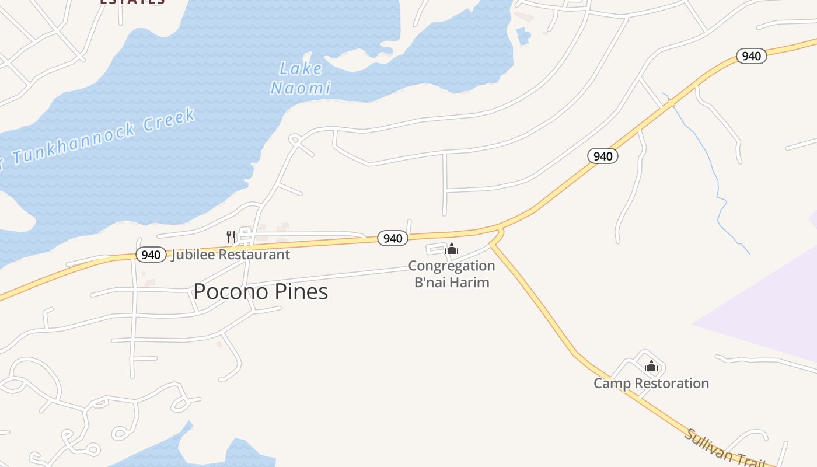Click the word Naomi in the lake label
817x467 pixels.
(x=301, y=88)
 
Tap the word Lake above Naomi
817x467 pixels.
(x=301, y=69)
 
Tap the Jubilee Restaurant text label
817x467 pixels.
(x=231, y=255)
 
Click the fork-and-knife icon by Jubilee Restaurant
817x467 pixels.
(x=231, y=236)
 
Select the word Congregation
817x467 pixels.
(x=451, y=266)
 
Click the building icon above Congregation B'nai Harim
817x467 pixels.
(x=452, y=249)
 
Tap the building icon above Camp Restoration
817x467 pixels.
(x=651, y=367)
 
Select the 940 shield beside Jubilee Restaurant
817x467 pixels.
(x=151, y=255)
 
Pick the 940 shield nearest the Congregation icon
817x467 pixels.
(x=392, y=238)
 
